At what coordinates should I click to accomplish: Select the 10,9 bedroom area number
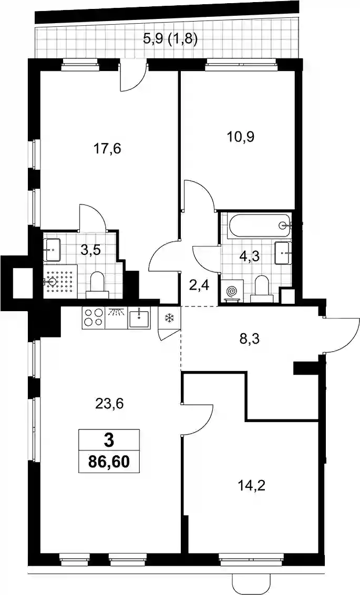[241, 136]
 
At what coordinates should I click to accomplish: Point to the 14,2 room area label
[250, 485]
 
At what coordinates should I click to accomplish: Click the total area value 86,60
[108, 462]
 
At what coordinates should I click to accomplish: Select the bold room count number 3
[108, 440]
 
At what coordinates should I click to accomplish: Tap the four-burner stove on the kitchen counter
[94, 317]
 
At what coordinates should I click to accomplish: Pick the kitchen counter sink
[140, 317]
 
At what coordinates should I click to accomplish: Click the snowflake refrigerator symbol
[168, 318]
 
